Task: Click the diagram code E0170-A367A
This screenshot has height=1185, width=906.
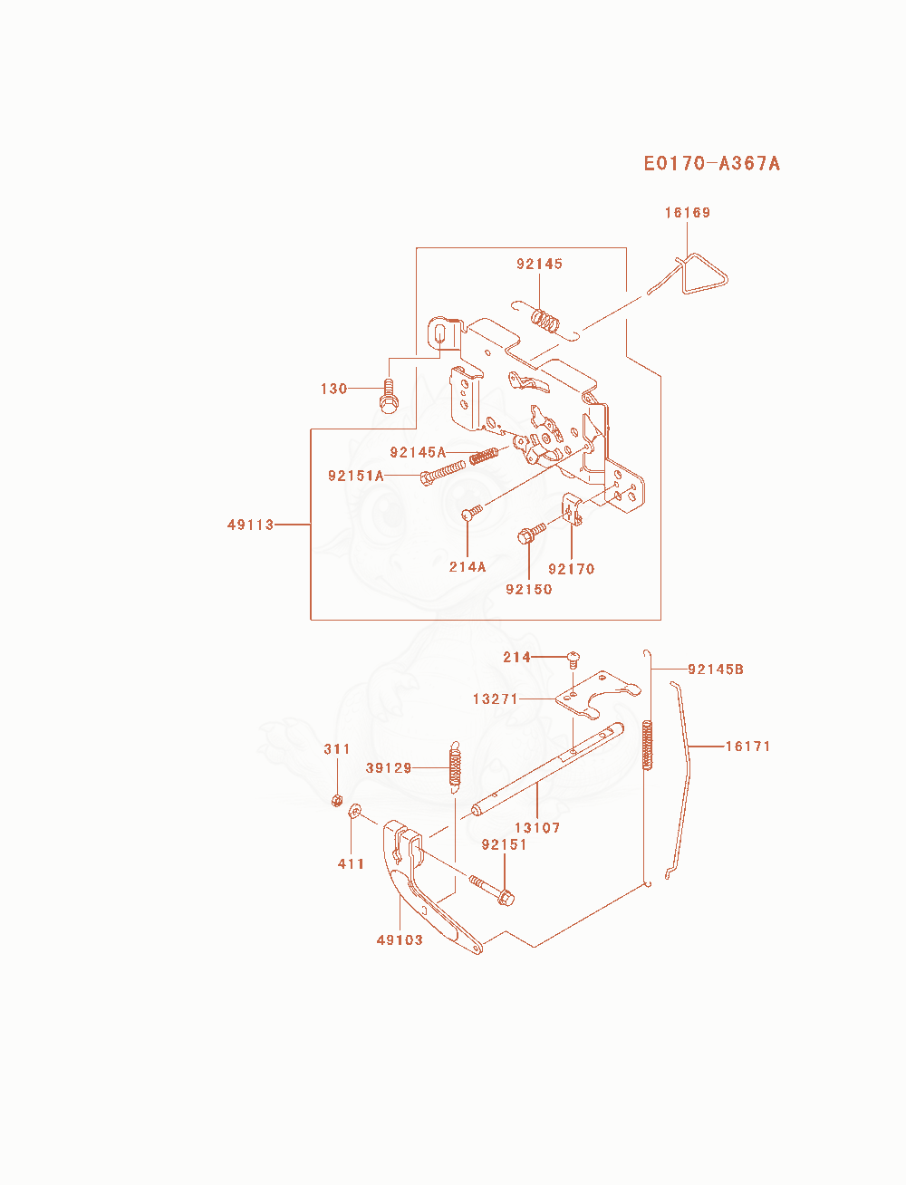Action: tap(711, 163)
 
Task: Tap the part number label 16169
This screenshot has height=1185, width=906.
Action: tap(688, 213)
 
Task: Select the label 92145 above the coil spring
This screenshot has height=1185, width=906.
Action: tap(539, 264)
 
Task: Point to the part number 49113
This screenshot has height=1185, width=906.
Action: tap(251, 525)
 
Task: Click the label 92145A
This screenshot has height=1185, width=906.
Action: tap(418, 452)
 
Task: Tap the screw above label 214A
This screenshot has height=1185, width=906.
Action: tap(472, 512)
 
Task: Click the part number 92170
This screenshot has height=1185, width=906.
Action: tap(572, 569)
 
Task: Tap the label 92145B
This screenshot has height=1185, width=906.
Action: tap(716, 670)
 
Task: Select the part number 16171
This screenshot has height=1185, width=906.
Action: tap(747, 747)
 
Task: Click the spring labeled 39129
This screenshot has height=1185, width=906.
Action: tap(456, 767)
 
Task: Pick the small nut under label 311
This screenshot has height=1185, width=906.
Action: tap(337, 800)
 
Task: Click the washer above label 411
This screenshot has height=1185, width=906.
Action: tap(355, 810)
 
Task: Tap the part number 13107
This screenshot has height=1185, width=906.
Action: tap(537, 828)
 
